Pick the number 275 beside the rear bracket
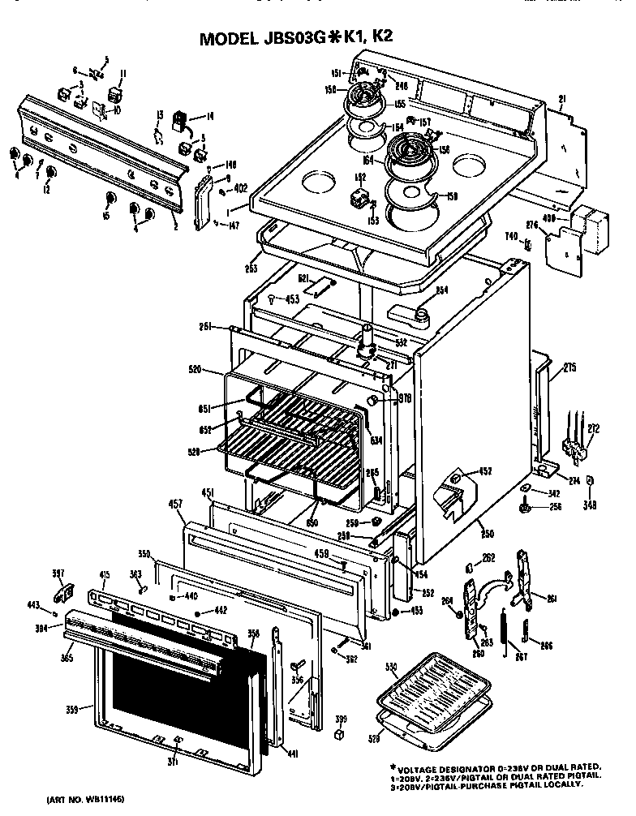coord(569,367)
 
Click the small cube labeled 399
coord(341,734)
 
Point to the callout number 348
coord(589,506)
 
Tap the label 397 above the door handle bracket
coord(58,575)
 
